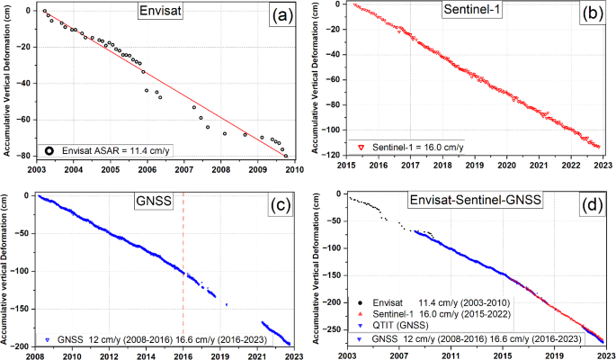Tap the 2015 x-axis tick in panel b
point(347,166)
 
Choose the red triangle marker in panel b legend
point(362,146)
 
